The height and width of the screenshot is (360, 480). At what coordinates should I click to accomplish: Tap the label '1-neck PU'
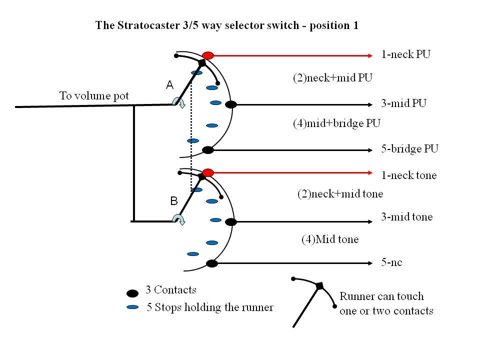pos(405,54)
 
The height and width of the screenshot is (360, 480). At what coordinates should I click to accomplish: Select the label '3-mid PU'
pos(403,104)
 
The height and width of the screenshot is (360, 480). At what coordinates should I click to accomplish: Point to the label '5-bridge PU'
pos(409,149)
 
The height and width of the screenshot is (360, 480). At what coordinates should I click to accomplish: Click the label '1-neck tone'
pos(408,175)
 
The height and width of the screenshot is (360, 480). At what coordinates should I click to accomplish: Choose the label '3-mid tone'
pos(406,217)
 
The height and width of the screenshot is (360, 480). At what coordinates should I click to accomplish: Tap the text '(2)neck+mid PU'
pos(333,77)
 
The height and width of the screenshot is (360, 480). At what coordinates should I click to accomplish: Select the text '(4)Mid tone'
pos(329,239)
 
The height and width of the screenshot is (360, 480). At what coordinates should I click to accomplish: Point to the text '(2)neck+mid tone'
pos(339,193)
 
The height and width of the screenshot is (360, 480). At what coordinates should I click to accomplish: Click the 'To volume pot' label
pos(94,95)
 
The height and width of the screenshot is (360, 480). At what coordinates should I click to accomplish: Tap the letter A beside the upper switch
pos(169,86)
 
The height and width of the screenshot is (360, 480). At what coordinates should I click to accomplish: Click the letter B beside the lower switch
pos(173,201)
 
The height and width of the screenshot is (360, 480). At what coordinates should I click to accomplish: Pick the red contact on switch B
pos(208,172)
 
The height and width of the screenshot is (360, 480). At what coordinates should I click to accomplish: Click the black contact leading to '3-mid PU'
pos(230,104)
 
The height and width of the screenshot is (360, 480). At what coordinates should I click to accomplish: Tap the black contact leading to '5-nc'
pos(212,263)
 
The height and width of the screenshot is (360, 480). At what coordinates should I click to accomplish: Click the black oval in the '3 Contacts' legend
pos(132,293)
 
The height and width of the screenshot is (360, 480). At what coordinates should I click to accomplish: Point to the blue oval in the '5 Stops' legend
pos(132,306)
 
